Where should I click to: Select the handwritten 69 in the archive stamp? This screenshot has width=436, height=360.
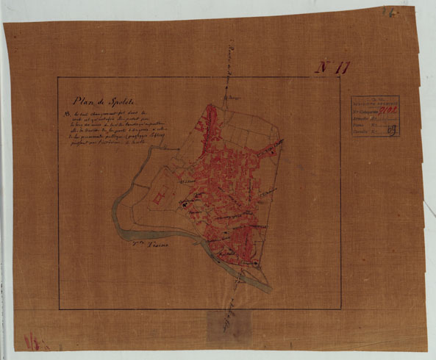pos(412,131)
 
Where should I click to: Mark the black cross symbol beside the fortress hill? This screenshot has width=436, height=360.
pos(185,212)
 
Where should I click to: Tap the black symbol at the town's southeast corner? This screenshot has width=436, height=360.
pos(255,263)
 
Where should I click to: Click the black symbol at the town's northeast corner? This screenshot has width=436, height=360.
pos(271,152)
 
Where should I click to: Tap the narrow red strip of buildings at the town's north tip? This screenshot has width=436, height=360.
pos(210,118)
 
